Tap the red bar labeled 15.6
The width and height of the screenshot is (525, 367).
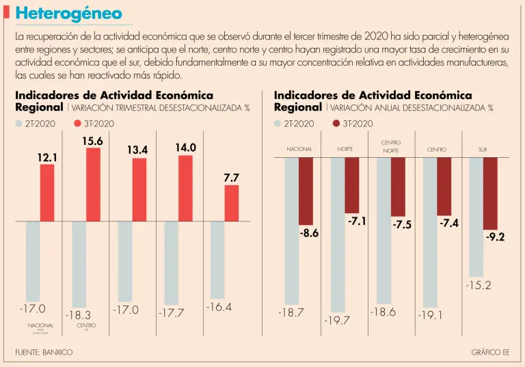point(93,184)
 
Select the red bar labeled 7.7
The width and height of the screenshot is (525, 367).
point(232,203)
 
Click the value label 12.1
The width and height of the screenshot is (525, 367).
point(46,158)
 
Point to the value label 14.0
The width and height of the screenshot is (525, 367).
point(185,148)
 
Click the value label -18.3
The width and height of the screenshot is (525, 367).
point(78,316)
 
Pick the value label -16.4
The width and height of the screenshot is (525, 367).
point(219,308)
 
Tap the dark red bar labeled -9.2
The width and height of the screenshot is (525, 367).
point(490,193)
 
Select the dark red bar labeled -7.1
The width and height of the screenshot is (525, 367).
point(351,185)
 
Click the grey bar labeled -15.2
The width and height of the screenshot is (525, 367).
point(476,217)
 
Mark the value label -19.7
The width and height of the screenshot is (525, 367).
point(337,321)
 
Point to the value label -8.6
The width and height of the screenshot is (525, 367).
point(309,234)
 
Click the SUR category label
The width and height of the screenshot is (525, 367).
point(483,149)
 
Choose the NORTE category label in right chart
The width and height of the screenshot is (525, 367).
point(345,149)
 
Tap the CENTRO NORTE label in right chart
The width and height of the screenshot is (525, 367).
point(391,146)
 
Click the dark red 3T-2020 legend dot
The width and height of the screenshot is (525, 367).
point(335,124)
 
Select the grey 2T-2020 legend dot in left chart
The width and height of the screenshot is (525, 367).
point(19,124)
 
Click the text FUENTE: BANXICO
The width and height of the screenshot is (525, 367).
point(44,352)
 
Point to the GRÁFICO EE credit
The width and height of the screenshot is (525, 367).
point(490,352)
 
